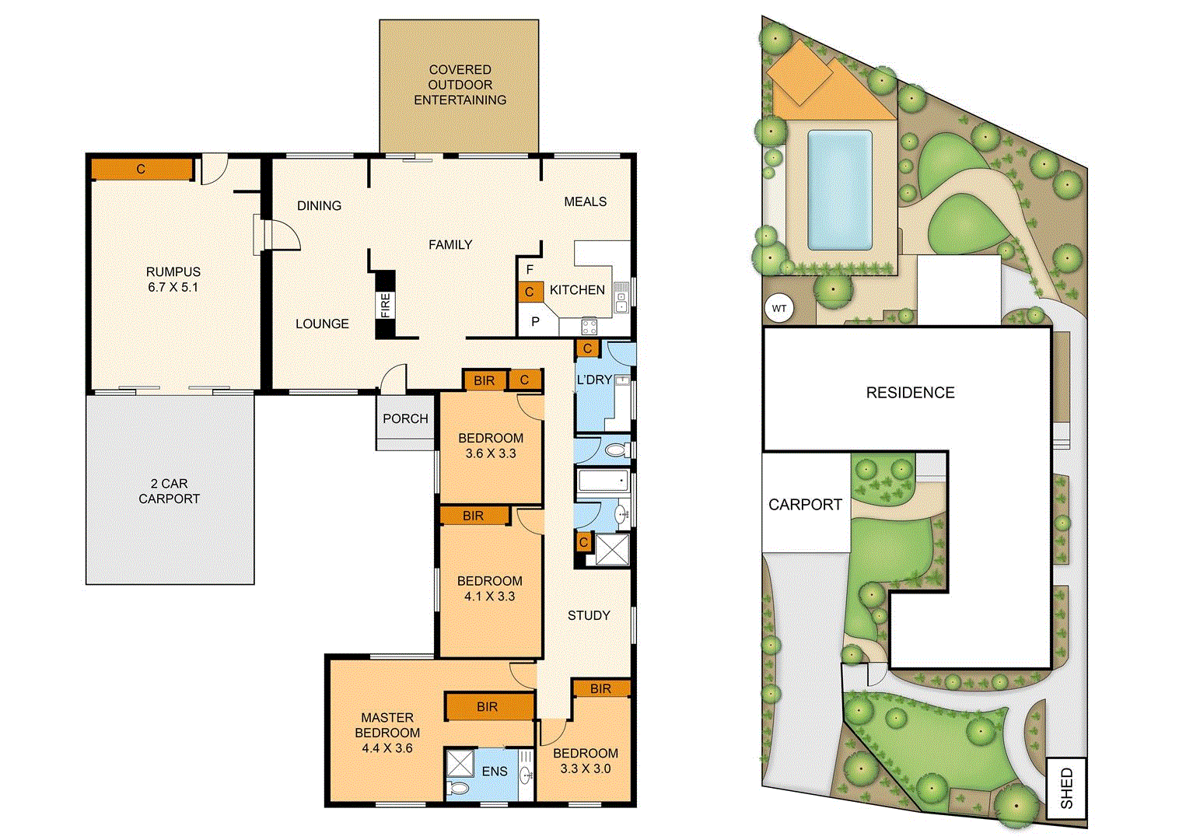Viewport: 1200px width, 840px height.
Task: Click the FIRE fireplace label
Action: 385,305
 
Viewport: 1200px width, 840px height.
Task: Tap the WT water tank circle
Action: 778,309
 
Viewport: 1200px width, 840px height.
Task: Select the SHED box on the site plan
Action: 1066,788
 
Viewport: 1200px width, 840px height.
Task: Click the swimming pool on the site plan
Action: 839,189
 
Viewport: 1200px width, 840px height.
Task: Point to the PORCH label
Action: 405,418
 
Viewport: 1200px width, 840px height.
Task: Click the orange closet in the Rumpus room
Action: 141,169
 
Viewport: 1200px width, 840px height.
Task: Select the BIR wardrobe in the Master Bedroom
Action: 488,706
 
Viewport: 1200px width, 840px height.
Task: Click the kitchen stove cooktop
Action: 590,326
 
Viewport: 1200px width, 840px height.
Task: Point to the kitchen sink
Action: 621,297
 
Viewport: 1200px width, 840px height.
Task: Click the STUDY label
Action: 589,615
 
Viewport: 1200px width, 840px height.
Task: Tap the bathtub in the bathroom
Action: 603,480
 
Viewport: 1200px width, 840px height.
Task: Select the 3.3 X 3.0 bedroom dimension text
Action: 586,768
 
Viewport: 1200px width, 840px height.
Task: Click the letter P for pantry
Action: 535,321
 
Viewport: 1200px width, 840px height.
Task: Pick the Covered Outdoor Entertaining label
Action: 460,85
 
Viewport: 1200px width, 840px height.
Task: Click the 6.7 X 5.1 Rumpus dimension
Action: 173,287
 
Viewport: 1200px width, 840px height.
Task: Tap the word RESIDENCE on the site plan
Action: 910,393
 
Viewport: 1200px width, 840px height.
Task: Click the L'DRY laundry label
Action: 593,380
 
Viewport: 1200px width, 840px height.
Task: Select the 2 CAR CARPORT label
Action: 170,491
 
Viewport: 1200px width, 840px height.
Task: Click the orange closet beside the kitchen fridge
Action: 530,292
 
